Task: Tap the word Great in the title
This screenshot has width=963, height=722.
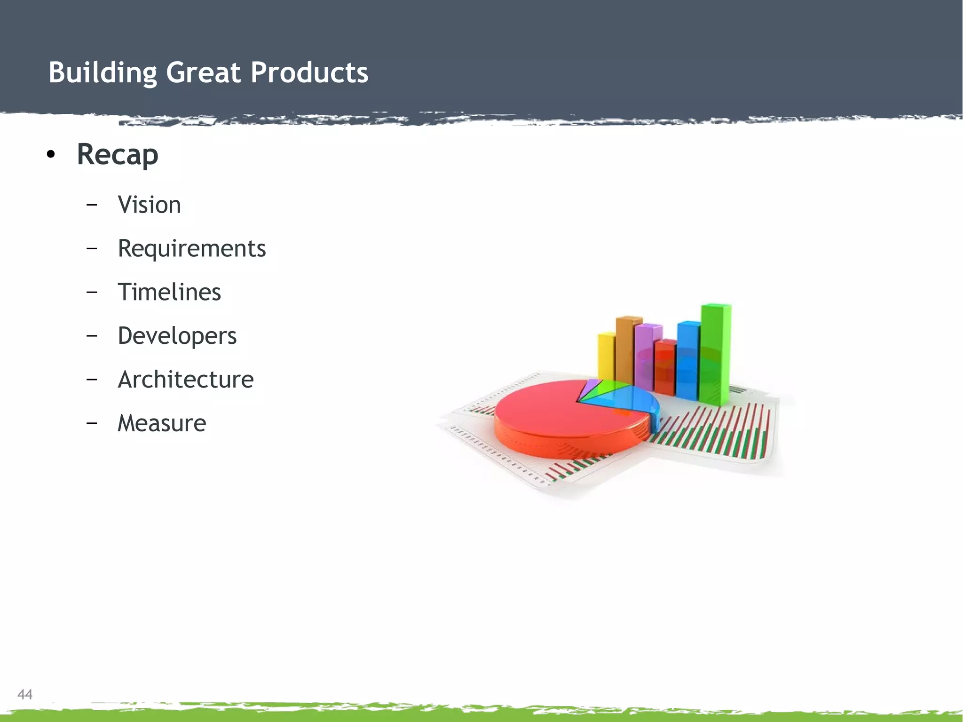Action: point(203,73)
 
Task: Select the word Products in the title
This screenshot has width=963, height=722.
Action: point(309,73)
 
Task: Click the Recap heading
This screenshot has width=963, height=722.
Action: point(118,154)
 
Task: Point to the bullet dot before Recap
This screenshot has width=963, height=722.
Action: point(51,155)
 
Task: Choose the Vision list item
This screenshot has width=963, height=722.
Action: point(149,205)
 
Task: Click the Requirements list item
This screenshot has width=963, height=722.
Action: point(191,249)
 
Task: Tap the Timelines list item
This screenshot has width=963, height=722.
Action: point(169,292)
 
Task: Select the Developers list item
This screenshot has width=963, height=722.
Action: point(177,336)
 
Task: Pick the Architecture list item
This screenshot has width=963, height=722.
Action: point(185,380)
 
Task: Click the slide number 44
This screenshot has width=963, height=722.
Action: point(25,694)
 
